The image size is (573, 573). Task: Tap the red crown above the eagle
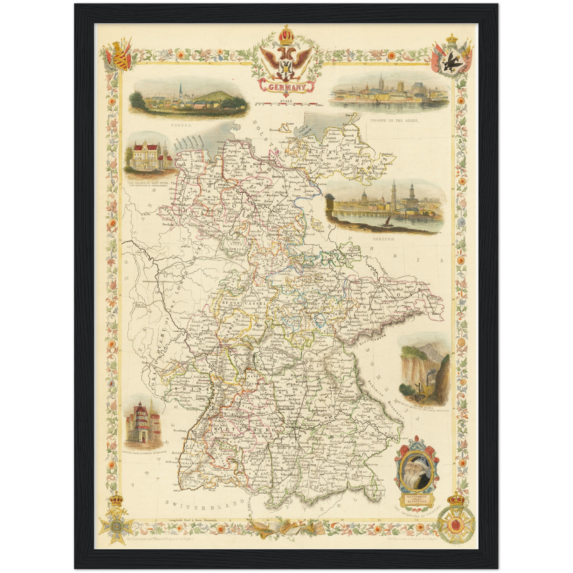click(x=286, y=36)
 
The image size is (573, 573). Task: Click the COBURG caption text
click(x=181, y=125)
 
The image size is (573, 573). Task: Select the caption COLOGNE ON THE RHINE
click(x=394, y=120)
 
